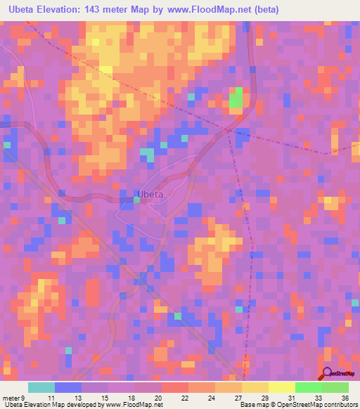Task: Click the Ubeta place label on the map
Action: coord(150,195)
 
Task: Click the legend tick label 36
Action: coord(344,397)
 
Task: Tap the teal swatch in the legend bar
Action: coord(41,387)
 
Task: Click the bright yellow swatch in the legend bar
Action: coord(281,387)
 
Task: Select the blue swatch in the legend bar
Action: coord(68,387)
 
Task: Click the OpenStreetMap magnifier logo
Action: coord(326,373)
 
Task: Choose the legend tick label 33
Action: coord(317,397)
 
